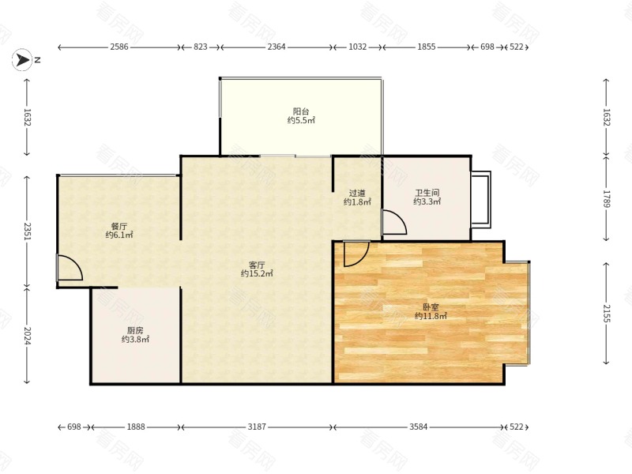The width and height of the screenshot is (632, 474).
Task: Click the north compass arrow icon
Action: coord(22,60)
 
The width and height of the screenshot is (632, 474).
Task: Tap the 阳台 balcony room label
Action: coord(301,111)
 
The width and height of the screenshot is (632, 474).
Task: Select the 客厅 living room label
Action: coord(257,265)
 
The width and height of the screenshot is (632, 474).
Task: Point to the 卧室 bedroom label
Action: coord(431,307)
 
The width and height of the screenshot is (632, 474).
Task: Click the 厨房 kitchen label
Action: coord(135,331)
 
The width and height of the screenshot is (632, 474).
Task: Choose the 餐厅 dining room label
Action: coord(119,227)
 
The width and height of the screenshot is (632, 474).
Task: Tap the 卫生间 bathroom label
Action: coord(427,193)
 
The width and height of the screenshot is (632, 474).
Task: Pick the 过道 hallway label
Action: coord(357,194)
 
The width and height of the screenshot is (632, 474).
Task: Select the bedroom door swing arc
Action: coord(363,259)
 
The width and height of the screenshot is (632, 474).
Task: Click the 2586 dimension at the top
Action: coord(119,47)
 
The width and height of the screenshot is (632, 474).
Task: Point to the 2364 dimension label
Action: coord(276,47)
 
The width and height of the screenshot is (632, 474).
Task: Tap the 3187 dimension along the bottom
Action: coord(257,427)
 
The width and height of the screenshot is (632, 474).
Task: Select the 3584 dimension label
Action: coord(419,427)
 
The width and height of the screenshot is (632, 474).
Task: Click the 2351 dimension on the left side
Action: coord(27,231)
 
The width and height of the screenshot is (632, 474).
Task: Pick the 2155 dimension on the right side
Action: coord(606,313)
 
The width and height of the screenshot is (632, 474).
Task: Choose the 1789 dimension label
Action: coord(606,199)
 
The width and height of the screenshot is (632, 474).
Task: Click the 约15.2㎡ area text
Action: coord(257,273)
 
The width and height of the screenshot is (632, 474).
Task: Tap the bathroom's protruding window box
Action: coord(481,200)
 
